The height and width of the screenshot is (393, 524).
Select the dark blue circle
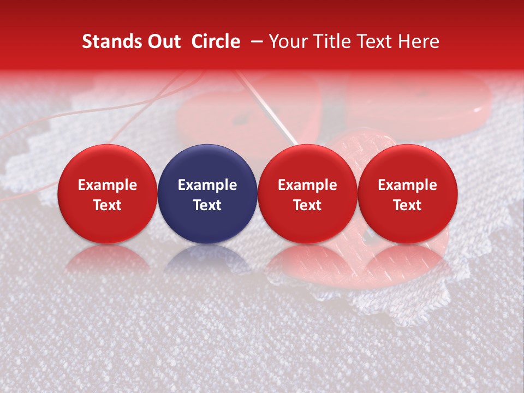point(207,194)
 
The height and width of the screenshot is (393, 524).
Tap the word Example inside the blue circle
point(207,185)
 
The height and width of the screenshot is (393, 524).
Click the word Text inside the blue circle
point(207,205)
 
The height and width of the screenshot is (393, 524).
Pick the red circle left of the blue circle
point(108,194)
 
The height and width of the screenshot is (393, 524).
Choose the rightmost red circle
point(408,194)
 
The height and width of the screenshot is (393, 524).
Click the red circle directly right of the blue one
point(307,194)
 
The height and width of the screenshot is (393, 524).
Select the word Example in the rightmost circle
point(408,185)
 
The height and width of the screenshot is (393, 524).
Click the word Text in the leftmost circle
point(108,205)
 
